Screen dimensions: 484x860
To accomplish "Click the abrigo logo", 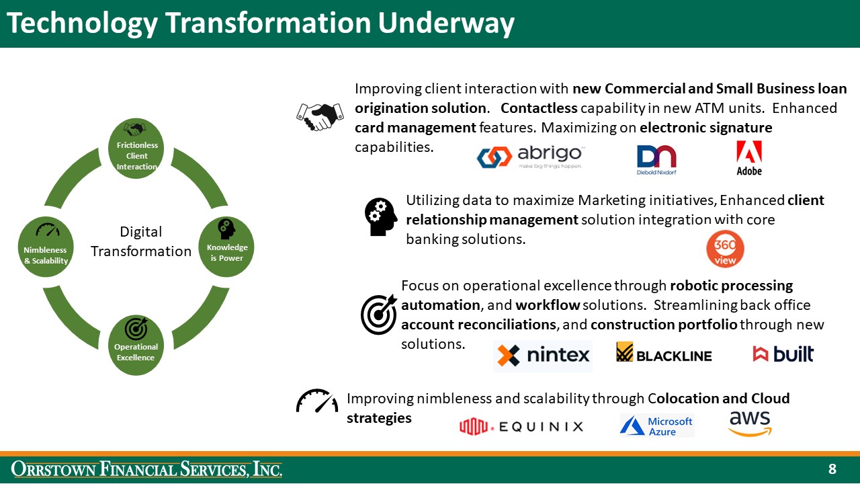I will point(531,157).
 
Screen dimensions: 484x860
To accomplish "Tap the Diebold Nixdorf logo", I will point(656,160).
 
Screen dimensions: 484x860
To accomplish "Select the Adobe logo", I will point(749,159).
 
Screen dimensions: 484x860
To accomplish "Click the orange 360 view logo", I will point(725,249).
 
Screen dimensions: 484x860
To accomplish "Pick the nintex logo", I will point(543,356).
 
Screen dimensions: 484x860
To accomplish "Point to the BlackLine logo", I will point(664,354).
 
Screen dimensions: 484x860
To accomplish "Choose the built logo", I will point(783,354).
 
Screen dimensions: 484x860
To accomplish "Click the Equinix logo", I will point(521,426).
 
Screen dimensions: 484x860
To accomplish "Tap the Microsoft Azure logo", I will point(656,426).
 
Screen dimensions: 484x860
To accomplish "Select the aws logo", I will point(750,424).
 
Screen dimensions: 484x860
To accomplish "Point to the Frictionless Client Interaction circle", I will point(136,149).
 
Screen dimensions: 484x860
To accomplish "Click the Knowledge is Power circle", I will point(226,247).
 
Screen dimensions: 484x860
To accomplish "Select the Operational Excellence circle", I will point(136,345).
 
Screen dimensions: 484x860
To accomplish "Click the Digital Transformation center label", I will point(141,241).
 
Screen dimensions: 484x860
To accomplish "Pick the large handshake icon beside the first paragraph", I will point(320,116).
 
